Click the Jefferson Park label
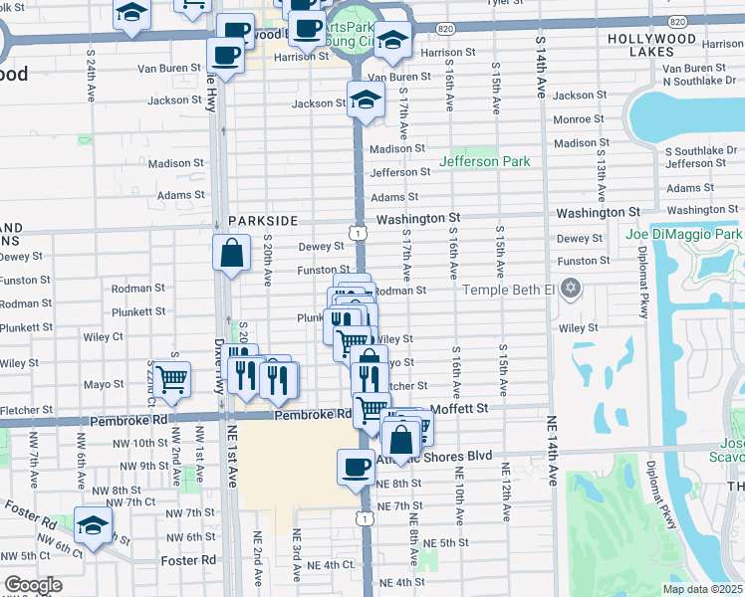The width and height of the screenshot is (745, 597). pyautogui.click(x=485, y=161)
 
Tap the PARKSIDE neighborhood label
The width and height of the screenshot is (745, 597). pyautogui.click(x=262, y=220)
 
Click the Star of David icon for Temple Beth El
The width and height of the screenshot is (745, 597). pyautogui.click(x=570, y=290)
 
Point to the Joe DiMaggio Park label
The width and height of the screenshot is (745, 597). pyautogui.click(x=684, y=235)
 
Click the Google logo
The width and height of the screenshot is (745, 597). pyautogui.click(x=33, y=585)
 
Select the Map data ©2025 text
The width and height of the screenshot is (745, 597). pyautogui.click(x=702, y=589)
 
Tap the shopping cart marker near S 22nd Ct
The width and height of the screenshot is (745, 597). pyautogui.click(x=172, y=379)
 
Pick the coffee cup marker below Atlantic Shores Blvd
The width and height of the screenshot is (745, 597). pyautogui.click(x=356, y=467)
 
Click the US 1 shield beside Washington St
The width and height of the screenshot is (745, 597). pyautogui.click(x=356, y=232)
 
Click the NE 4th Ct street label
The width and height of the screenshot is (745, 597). pyautogui.click(x=332, y=565)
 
